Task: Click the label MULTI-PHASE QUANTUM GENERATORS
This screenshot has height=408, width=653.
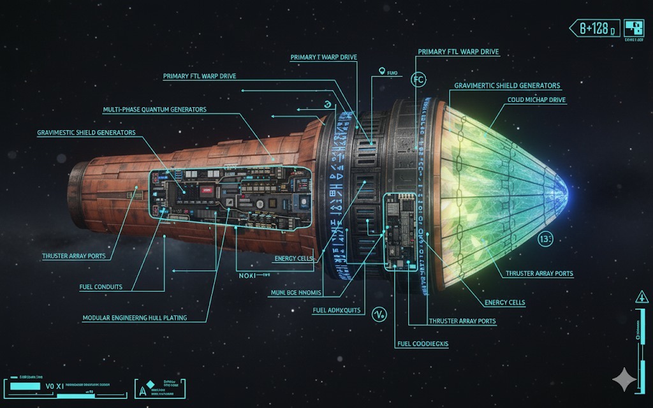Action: [x=154, y=110]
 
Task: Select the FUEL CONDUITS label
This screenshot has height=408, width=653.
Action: [x=100, y=287]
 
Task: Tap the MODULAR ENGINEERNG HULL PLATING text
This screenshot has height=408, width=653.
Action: [x=135, y=317]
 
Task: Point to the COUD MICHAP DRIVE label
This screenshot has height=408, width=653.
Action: [x=537, y=100]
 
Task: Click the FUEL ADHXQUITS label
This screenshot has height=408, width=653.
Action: [x=337, y=310]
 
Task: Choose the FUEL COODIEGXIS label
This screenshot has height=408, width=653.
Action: [x=423, y=344]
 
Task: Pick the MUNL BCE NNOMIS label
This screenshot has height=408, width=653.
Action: [x=297, y=293]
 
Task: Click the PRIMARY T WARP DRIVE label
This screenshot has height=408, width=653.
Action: [x=323, y=57]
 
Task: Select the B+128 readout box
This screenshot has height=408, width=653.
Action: [x=594, y=28]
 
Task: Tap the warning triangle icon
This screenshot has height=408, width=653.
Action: [x=640, y=296]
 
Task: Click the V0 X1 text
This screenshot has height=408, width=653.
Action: [x=55, y=386]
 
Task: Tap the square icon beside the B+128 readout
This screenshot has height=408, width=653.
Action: [x=633, y=27]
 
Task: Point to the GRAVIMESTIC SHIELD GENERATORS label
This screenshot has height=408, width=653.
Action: [x=86, y=133]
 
